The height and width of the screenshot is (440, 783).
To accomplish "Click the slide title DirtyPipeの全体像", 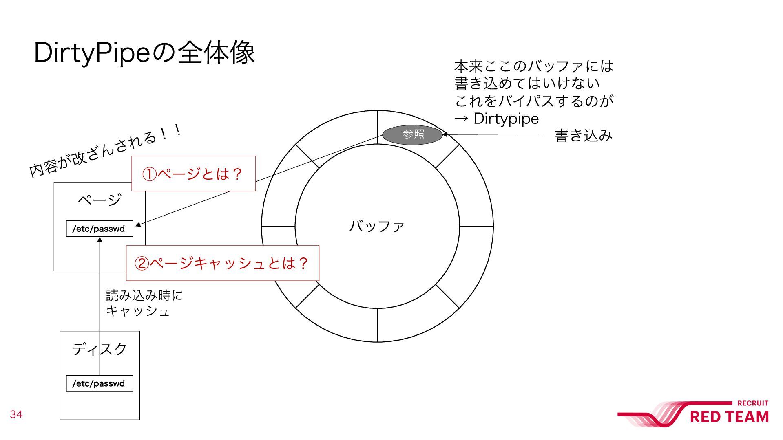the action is coord(144,53).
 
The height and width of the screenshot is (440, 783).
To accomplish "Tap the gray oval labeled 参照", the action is coord(412,134).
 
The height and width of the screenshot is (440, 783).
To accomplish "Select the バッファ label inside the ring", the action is coord(377,226).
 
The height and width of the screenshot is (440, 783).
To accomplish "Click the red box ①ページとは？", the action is coord(193,174).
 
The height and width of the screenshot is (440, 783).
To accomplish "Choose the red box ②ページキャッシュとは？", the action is coord(222,263).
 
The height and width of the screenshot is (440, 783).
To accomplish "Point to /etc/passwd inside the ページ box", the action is coord(99,229).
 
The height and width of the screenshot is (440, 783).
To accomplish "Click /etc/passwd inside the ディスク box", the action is coord(99,384).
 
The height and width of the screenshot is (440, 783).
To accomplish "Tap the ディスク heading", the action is coord(100,349).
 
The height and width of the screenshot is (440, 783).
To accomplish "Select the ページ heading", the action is coord(100,200).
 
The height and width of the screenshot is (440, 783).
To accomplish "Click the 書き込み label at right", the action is coord(583,135).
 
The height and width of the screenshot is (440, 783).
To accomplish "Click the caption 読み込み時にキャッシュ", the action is coord(144,303).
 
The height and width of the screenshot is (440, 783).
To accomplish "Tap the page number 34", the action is coord(16,414).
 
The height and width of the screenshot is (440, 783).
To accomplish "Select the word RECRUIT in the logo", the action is coord(752,403).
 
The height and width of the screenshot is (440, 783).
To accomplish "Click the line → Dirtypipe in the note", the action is coord(496,119).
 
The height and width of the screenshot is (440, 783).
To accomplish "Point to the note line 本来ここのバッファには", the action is coord(533,66).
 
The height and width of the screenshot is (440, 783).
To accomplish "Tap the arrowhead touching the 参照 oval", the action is coord(445,134).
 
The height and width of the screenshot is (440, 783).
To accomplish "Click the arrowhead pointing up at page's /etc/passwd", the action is coord(100,240).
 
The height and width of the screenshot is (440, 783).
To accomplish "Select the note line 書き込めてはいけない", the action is coord(527,84).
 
